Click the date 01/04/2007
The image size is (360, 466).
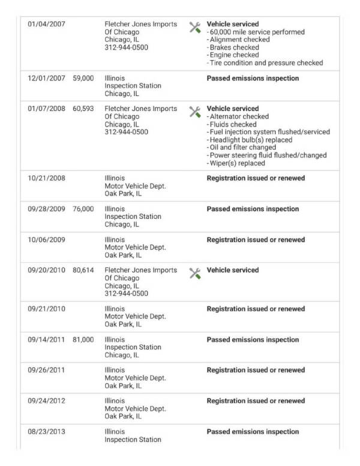click(x=47, y=24)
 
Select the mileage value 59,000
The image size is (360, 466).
click(x=83, y=79)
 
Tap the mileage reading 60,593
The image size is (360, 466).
click(x=83, y=109)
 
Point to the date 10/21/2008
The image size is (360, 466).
click(x=47, y=178)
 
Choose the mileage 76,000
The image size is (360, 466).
click(x=83, y=209)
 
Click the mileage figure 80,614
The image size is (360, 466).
click(x=83, y=270)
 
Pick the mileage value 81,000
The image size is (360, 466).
click(x=83, y=340)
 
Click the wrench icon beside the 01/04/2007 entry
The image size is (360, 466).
click(x=195, y=27)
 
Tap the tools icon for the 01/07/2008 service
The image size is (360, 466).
click(x=195, y=112)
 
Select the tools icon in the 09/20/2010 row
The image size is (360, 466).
click(x=195, y=273)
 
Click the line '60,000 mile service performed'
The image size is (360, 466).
click(x=257, y=32)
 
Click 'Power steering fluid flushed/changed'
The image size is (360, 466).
click(x=268, y=155)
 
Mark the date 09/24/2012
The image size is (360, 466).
click(x=47, y=401)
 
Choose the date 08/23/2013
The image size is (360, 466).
click(x=47, y=432)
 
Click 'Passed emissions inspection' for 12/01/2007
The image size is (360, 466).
click(x=253, y=79)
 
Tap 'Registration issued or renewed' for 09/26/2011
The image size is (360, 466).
click(x=256, y=371)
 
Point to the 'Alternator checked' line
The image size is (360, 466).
click(x=239, y=116)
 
